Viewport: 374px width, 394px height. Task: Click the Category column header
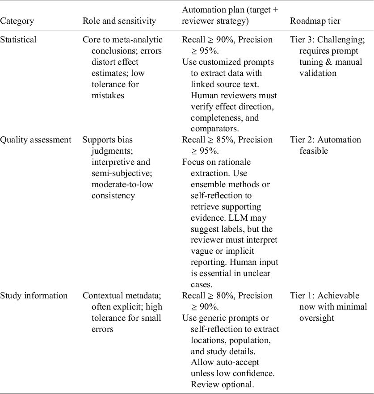(x=17, y=21)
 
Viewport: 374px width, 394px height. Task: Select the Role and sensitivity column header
(x=119, y=21)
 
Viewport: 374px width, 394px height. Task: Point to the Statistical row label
(x=18, y=40)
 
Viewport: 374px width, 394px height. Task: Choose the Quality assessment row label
(x=36, y=140)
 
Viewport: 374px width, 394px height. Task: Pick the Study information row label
(x=34, y=296)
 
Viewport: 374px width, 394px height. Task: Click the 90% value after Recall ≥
(x=225, y=40)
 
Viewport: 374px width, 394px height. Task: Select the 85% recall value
(x=225, y=140)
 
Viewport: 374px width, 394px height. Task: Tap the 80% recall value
(x=225, y=296)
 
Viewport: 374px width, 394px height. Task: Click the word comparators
(x=215, y=129)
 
